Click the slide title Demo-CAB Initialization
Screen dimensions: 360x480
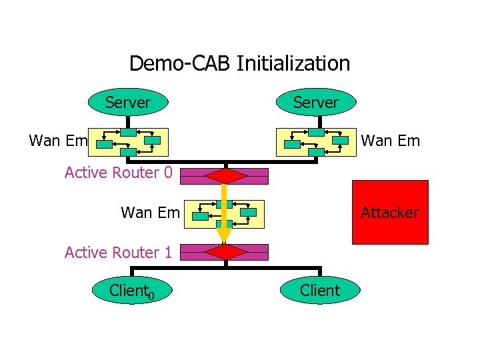coord(239,64)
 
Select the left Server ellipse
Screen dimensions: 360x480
coord(128,103)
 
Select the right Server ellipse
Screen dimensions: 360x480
coord(316,103)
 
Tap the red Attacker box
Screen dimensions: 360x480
coord(390,213)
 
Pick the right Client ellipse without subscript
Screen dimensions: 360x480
coord(320,291)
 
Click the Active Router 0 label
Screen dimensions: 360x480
coord(118,173)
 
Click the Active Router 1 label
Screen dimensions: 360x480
coord(118,253)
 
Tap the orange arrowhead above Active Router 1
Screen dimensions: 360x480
coord(224,234)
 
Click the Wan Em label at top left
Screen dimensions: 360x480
coord(59,141)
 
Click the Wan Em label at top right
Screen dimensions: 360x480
coord(390,141)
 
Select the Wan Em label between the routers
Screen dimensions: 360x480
coord(150,213)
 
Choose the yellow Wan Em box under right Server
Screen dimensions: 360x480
coord(316,141)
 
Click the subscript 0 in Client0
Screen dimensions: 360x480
coord(151,295)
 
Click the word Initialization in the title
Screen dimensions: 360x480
coord(293,64)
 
